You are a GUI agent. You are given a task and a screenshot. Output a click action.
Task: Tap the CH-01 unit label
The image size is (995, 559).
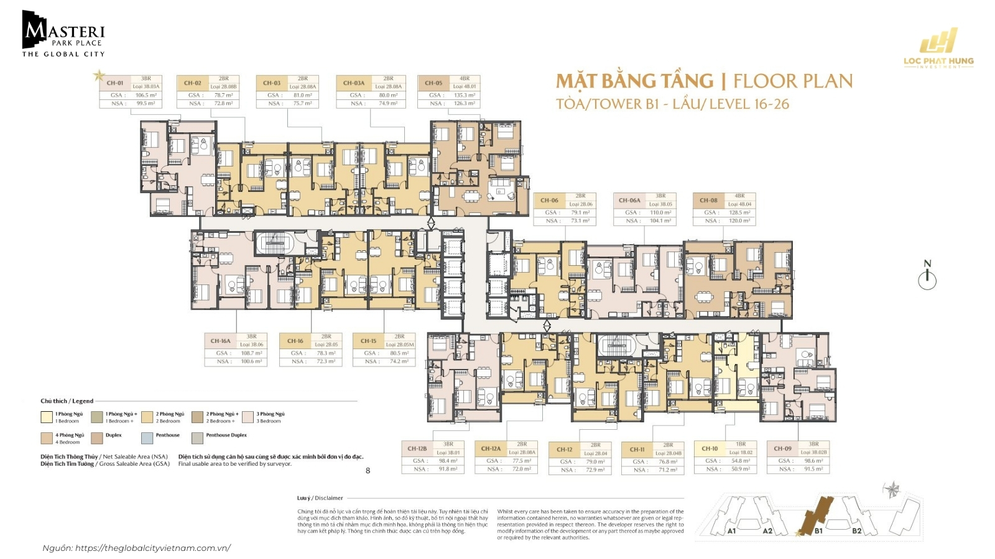(x=115, y=83)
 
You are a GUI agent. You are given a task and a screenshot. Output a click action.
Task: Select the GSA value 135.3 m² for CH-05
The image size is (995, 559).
(x=464, y=95)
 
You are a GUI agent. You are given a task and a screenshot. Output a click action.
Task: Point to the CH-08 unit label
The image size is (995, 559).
(x=708, y=201)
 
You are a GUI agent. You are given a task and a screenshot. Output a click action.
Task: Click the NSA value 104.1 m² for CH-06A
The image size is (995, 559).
(x=660, y=220)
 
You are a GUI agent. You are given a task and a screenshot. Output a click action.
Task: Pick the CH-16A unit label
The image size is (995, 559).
(x=220, y=341)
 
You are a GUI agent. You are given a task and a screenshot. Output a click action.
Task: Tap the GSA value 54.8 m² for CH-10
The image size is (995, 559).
(x=740, y=461)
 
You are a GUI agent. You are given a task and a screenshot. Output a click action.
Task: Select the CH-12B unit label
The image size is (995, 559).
(x=417, y=448)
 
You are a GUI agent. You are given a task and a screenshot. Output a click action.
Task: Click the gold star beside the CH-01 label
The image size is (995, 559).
(x=98, y=76)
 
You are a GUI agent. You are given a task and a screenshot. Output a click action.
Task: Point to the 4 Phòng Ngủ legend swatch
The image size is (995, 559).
(x=47, y=439)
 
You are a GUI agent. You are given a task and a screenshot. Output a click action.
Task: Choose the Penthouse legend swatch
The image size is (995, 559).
(x=147, y=439)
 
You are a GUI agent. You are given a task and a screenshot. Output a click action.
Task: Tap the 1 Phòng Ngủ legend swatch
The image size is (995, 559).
(x=47, y=417)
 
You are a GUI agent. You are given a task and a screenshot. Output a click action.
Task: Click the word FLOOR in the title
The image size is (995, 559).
(x=766, y=81)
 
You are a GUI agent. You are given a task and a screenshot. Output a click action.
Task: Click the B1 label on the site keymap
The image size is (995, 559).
(x=818, y=530)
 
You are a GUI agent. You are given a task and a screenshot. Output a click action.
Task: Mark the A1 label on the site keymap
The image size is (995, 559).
(x=731, y=530)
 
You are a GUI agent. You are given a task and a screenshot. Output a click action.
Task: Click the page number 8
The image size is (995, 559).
(x=368, y=471)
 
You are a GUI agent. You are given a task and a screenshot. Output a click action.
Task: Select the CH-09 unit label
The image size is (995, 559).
(x=782, y=448)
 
